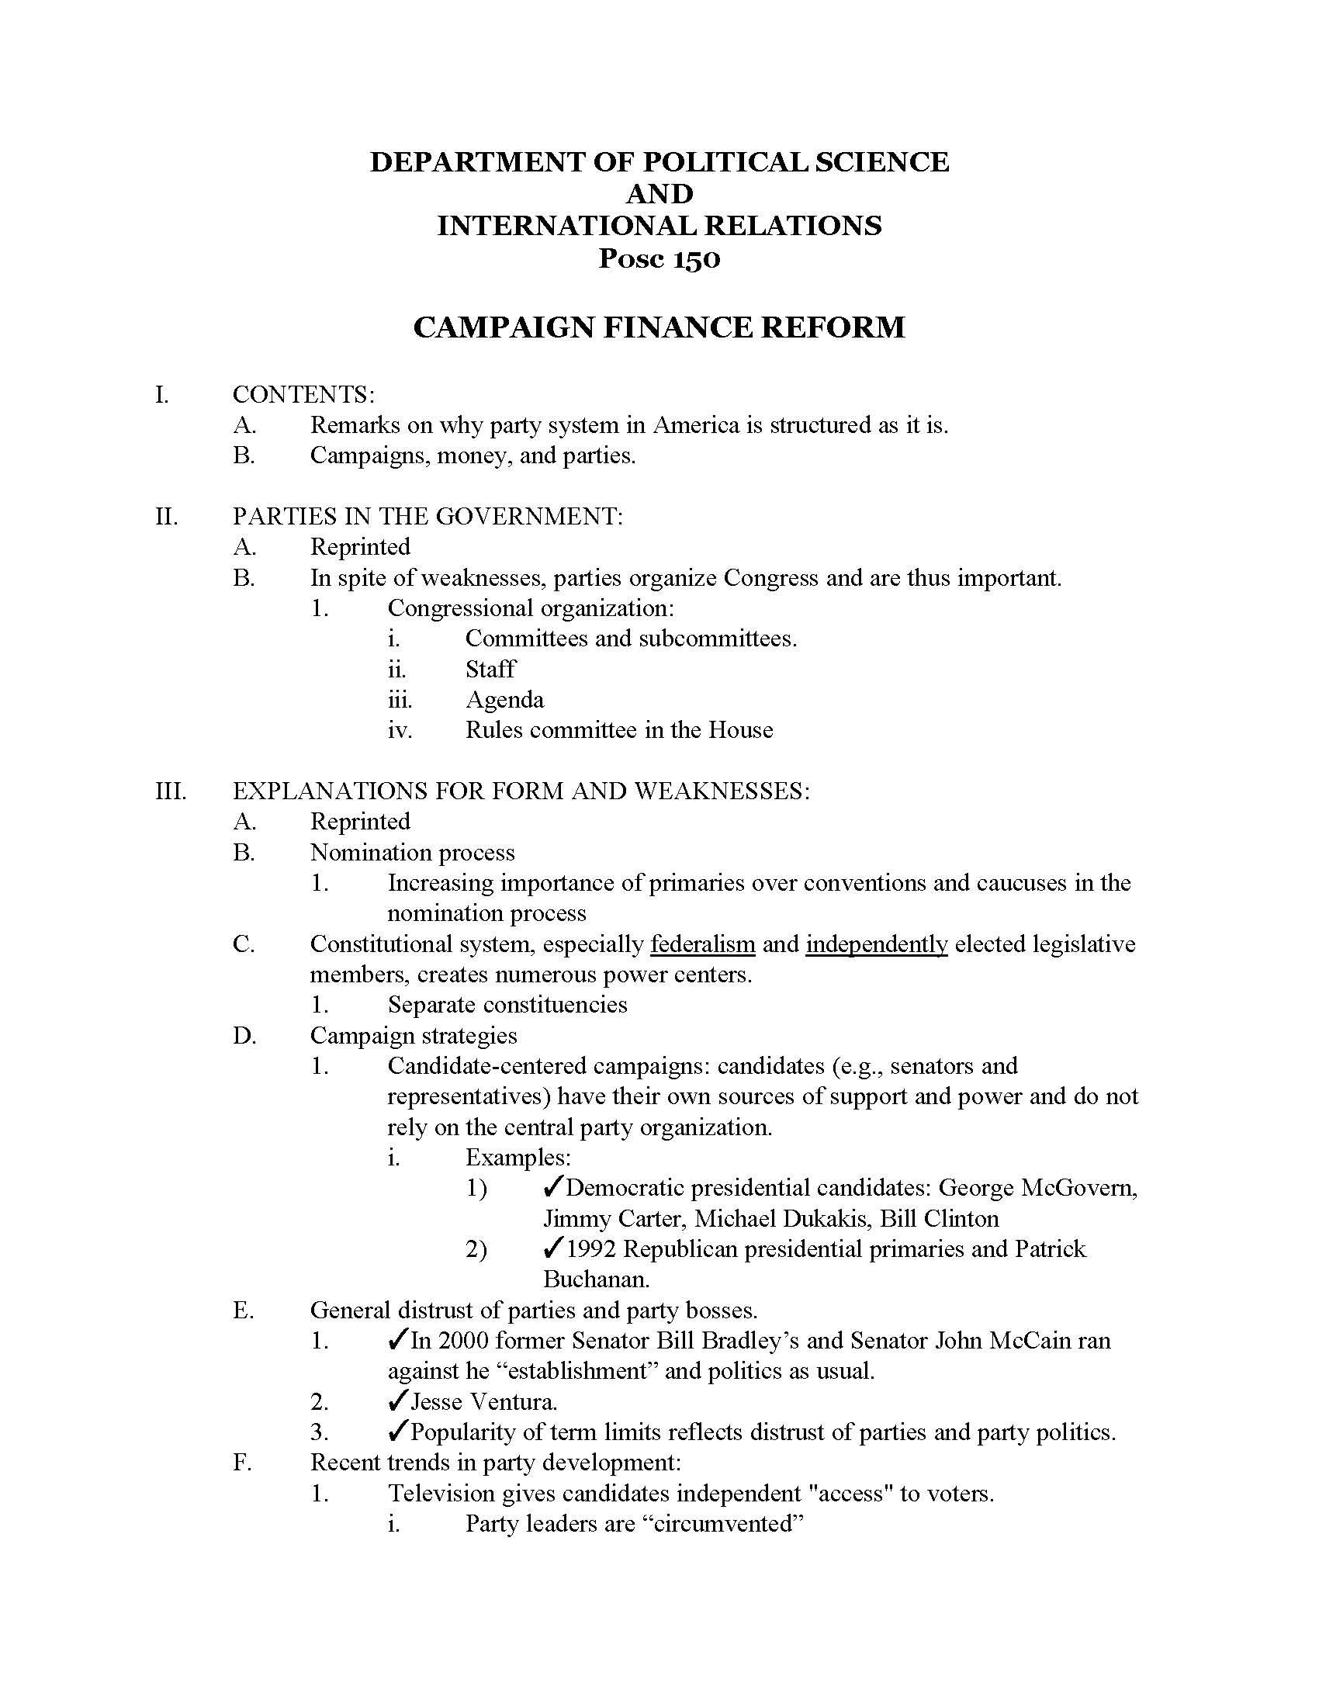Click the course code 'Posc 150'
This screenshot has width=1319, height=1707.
click(659, 258)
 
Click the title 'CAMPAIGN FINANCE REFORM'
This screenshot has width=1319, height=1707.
click(659, 327)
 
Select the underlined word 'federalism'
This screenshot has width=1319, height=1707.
click(702, 944)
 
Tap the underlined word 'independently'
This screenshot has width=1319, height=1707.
click(876, 944)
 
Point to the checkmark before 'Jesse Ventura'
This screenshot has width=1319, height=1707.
click(397, 1401)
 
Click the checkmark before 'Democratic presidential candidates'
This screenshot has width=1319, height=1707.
click(552, 1188)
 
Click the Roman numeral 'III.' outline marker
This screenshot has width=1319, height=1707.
click(171, 791)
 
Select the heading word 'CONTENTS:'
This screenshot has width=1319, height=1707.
click(303, 395)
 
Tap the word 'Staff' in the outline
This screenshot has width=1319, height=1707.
click(490, 670)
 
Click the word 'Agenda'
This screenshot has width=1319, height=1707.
click(504, 700)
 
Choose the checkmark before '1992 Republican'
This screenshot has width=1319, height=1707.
click(552, 1249)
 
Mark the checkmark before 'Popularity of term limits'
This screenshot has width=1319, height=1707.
click(397, 1432)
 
